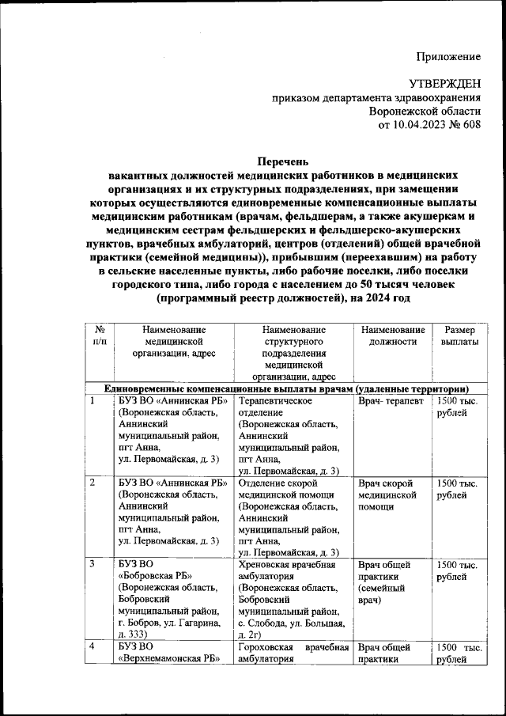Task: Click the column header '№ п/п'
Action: (x=100, y=335)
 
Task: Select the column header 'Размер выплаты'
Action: (x=459, y=335)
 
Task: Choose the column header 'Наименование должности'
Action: (x=392, y=335)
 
